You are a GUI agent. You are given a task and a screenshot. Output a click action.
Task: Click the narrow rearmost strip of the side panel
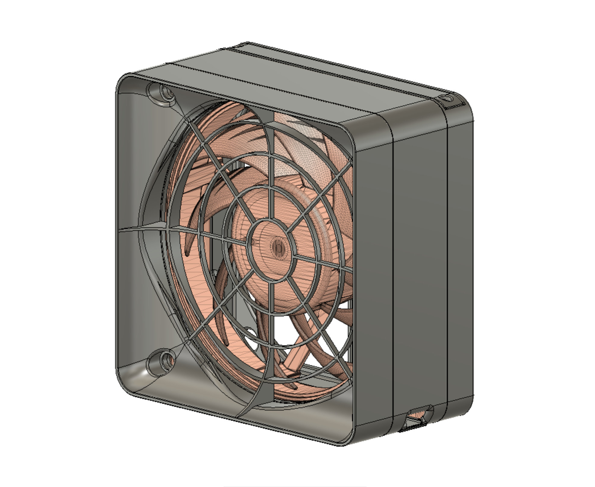[460, 256]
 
